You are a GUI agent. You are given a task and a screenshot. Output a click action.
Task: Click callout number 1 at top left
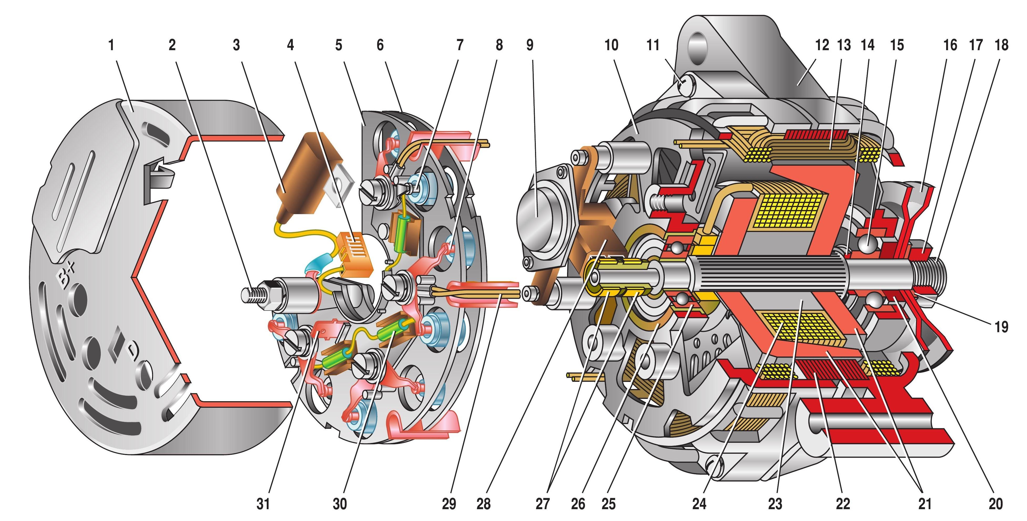111,45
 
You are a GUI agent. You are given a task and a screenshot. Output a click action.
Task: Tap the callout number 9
530,45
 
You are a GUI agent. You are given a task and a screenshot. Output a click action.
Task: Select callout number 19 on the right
1001,327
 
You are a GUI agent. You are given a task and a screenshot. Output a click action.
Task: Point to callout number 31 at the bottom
263,504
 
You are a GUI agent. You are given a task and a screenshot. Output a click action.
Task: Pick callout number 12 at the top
822,45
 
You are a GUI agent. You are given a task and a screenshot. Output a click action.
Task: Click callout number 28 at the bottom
483,504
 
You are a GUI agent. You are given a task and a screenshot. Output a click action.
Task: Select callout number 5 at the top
338,45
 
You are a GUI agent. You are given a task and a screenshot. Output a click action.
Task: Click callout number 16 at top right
950,45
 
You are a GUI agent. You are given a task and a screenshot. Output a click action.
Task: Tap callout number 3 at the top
237,45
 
